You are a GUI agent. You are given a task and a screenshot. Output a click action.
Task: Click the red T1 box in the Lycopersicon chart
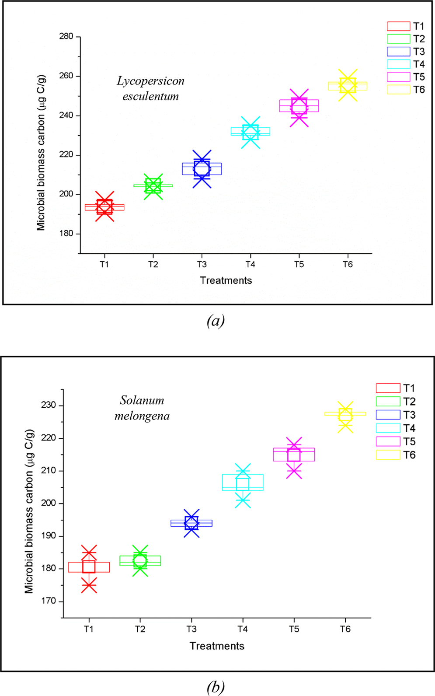(104, 207)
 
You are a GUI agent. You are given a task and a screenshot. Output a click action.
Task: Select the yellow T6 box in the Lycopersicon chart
(348, 86)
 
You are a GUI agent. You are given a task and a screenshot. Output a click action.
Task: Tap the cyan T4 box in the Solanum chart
(243, 482)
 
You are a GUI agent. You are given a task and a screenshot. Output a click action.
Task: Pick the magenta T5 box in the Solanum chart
(294, 455)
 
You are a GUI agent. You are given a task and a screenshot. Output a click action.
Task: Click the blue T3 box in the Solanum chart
(191, 523)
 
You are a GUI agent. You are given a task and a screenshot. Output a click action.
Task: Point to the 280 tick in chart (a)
(66, 36)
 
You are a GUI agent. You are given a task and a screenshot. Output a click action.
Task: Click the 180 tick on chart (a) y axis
(66, 234)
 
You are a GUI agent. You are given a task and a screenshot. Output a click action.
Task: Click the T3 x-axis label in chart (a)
(202, 264)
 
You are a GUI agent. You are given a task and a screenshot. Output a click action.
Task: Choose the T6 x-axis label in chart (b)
(345, 629)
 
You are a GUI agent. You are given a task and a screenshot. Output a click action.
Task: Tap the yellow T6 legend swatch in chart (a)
(398, 90)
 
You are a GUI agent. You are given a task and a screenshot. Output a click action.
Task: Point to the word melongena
(142, 416)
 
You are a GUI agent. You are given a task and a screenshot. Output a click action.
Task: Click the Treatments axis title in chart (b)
(217, 646)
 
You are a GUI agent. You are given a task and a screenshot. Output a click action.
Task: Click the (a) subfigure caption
(216, 321)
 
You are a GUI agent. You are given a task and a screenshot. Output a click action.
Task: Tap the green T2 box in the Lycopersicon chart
(153, 186)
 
